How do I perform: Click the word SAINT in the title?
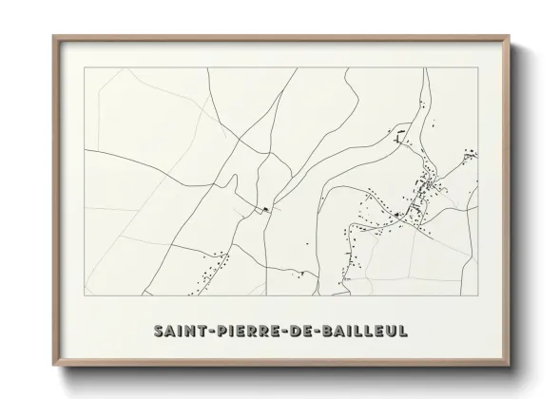coord(177,330)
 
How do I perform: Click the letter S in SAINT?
coord(157,330)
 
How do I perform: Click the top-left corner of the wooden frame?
coord(53,36)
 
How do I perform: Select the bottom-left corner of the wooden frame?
coord(53,363)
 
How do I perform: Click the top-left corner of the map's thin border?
coord(85,68)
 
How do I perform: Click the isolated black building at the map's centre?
coord(266,208)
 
